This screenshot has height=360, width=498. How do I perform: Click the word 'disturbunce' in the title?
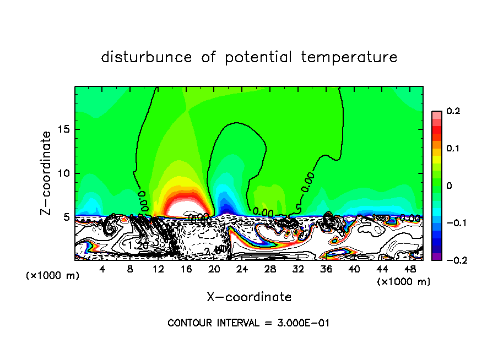click(147, 57)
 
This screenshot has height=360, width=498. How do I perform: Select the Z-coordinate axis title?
click(47, 173)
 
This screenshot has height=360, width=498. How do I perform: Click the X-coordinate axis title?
click(249, 297)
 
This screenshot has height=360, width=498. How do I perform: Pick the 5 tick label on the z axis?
click(67, 217)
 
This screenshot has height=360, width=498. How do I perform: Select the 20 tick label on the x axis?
click(214, 269)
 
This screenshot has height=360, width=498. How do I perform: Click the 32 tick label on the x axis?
click(298, 269)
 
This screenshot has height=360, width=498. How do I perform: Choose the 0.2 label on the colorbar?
click(453, 111)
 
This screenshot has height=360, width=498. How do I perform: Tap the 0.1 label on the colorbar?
click(453, 149)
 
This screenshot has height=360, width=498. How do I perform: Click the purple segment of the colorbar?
click(436, 256)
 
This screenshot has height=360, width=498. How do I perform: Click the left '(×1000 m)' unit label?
click(52, 276)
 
